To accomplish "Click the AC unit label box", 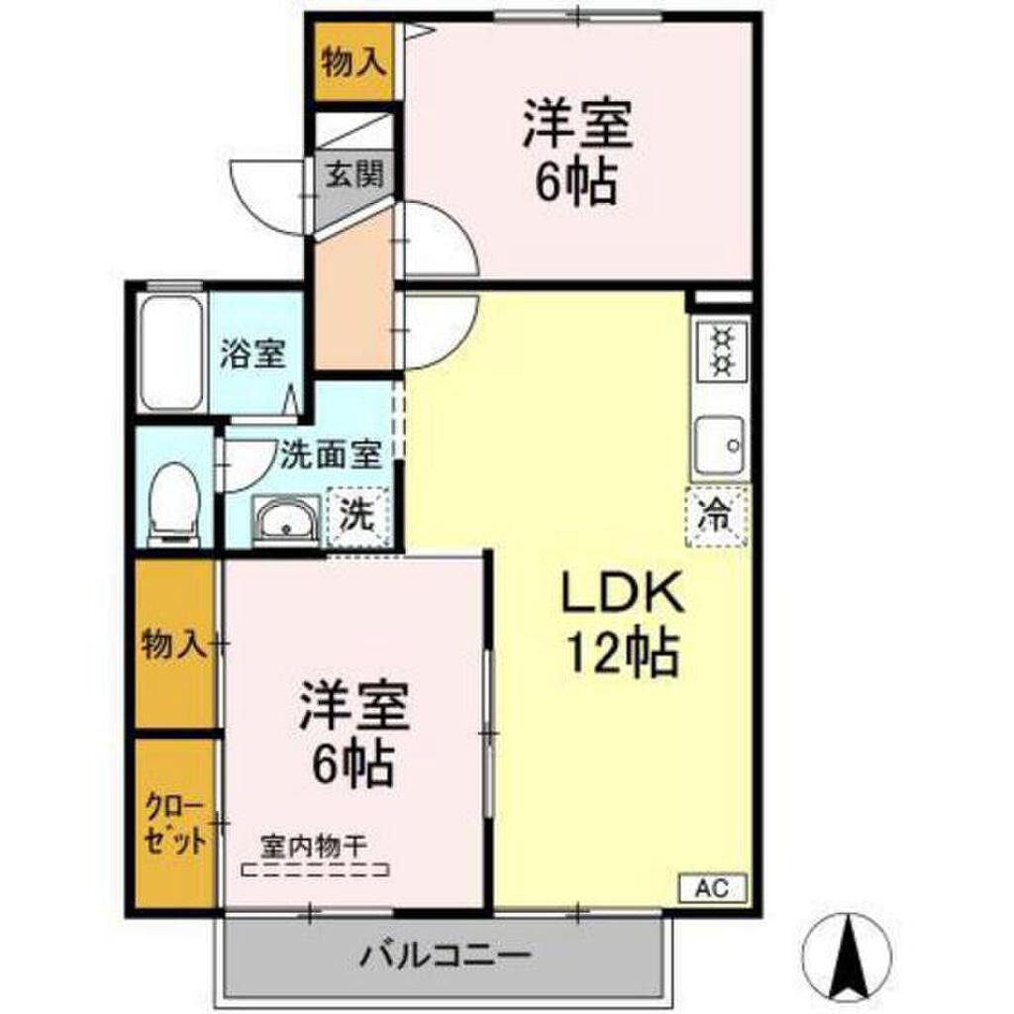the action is pos(713,887).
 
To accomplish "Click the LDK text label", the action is pos(622,593).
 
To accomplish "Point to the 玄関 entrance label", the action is pos(354,174).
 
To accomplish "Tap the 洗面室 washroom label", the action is pos(330,454).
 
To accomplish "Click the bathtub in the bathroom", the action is pos(171,354).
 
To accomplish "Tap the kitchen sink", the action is pos(721,447).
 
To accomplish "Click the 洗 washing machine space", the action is pos(357,516).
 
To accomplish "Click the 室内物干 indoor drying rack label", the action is pos(315,846).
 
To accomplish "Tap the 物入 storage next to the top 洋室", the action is pos(354,62).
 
